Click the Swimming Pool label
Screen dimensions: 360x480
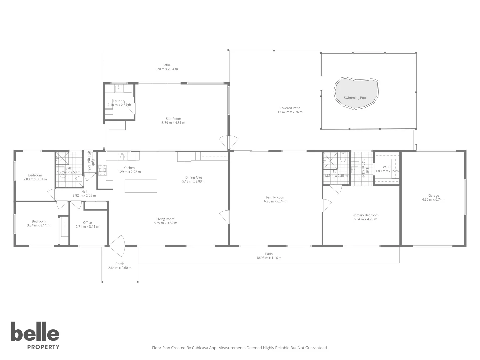355,98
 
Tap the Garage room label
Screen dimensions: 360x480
433,196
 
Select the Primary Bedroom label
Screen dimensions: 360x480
365,215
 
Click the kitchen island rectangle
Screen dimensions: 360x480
141,186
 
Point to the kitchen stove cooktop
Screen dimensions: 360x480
102,170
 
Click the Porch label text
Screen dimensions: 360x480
120,264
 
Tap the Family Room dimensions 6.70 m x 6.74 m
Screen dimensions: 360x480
275,201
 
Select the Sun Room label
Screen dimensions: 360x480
173,119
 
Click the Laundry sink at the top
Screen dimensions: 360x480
119,88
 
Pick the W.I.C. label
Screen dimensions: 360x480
387,167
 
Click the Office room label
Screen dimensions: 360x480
87,223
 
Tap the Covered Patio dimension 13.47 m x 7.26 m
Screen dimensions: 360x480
290,112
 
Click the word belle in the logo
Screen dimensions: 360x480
35,331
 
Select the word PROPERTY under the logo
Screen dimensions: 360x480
43,347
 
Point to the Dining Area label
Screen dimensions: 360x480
194,177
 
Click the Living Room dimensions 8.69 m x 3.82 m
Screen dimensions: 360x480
165,223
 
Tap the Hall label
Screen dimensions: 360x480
84,191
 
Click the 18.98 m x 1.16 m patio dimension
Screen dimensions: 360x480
269,258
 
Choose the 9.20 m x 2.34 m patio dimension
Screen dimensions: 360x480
166,69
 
